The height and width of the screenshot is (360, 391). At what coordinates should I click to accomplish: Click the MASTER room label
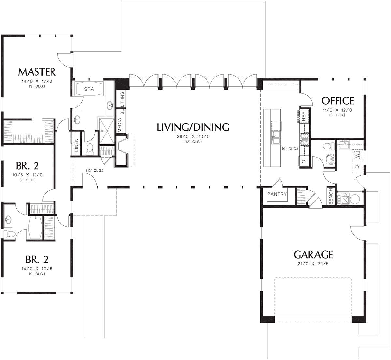[37, 72]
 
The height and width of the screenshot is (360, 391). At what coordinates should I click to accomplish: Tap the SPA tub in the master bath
[89, 89]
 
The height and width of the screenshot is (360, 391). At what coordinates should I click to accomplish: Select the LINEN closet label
[76, 145]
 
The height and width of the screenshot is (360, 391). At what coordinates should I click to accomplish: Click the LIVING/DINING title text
[193, 127]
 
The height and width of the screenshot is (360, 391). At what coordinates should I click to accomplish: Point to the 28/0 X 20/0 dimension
[193, 137]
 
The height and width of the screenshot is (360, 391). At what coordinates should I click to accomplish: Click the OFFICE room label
[338, 101]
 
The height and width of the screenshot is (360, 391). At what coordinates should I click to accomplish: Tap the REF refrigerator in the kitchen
[303, 116]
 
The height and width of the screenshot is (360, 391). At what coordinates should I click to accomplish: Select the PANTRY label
[277, 194]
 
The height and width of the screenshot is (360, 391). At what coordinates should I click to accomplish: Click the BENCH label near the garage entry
[331, 196]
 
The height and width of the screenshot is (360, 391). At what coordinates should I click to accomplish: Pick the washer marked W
[357, 156]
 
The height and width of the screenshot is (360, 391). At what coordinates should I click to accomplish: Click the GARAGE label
[313, 254]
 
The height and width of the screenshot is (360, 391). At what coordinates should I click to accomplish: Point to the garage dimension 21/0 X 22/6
[313, 264]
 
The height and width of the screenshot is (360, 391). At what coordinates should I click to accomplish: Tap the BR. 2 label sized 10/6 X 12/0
[27, 166]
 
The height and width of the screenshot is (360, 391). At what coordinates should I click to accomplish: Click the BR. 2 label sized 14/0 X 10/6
[37, 259]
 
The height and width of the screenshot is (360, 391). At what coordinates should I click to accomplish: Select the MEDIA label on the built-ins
[120, 125]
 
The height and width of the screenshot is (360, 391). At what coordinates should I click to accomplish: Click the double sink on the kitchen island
[276, 138]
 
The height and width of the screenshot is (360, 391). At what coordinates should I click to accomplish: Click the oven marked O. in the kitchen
[303, 161]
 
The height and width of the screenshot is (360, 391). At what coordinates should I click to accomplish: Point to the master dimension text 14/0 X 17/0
[37, 81]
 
